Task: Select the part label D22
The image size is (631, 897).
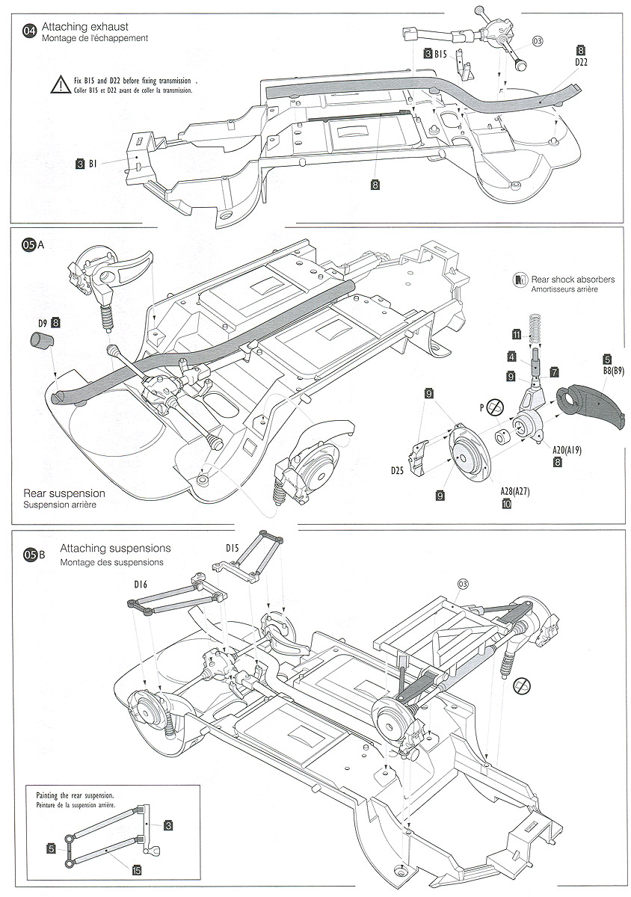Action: coord(581,62)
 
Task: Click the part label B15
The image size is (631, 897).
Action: coord(440,54)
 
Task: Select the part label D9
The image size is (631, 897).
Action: coord(43,322)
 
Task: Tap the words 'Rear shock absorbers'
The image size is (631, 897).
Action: coord(573,279)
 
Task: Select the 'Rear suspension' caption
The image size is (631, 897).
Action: coord(64,493)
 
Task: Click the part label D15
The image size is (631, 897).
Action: coord(232,548)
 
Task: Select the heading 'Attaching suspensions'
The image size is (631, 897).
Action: coord(116,549)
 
